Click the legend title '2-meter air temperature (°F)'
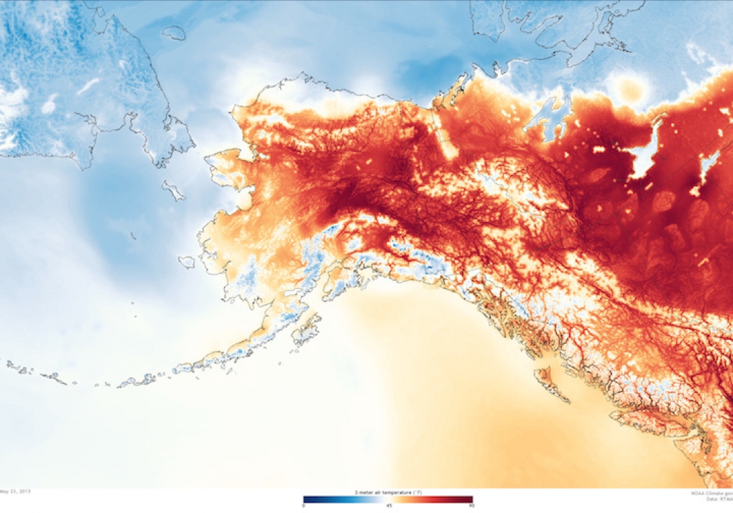click(x=387, y=493)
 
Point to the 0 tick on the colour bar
click(x=304, y=505)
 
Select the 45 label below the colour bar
click(x=388, y=505)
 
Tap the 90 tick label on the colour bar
click(x=471, y=505)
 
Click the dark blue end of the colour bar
click(x=307, y=499)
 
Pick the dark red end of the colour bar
click(x=469, y=499)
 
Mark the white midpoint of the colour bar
click(x=388, y=499)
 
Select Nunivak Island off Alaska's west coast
click(x=186, y=262)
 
